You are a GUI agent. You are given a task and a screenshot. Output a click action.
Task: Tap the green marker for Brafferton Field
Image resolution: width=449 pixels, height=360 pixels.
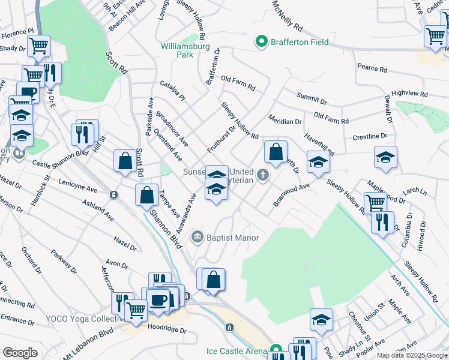click(x=261, y=41)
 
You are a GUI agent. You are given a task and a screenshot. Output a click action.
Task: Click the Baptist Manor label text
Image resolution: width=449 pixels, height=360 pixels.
click(x=232, y=238)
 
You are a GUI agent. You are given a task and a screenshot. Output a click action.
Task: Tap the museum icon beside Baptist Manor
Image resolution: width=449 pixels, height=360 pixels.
click(x=197, y=238)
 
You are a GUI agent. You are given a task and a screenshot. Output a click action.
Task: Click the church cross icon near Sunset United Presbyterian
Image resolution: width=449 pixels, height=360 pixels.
click(x=262, y=175)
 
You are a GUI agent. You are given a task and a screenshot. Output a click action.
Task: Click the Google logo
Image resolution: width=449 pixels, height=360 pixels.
click(x=20, y=353)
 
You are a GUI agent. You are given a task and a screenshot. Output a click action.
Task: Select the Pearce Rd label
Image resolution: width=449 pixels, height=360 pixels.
click(x=371, y=68)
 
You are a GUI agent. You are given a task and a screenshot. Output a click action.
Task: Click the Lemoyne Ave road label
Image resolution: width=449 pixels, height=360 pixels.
click(x=77, y=185)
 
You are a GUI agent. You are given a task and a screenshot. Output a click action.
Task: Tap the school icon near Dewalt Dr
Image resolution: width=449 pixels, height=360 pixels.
click(x=385, y=157)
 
